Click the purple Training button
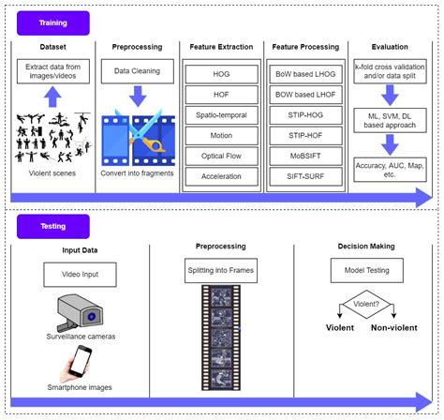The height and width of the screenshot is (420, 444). pyautogui.click(x=52, y=23)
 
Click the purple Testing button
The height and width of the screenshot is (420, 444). pyautogui.click(x=52, y=226)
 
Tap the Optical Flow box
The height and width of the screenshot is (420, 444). pyautogui.click(x=221, y=155)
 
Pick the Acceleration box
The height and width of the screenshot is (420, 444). pyautogui.click(x=221, y=175)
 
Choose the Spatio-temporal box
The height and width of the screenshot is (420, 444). pyautogui.click(x=221, y=113)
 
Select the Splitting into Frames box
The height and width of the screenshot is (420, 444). pyautogui.click(x=221, y=271)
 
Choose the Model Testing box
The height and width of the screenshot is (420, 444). pyautogui.click(x=364, y=271)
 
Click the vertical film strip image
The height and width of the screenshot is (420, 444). pyautogui.click(x=221, y=337)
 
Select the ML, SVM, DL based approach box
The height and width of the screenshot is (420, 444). pyautogui.click(x=388, y=118)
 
